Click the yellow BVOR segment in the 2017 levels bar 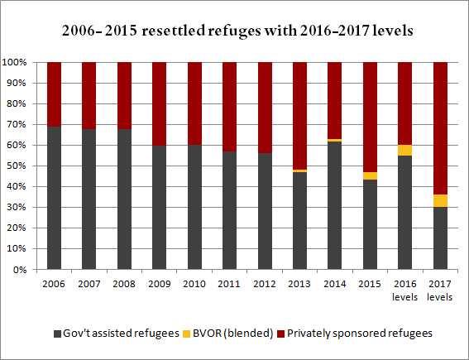pyautogui.click(x=440, y=201)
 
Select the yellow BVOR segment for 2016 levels pyautogui.click(x=404, y=151)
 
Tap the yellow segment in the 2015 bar pyautogui.click(x=370, y=176)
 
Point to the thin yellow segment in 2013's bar pyautogui.click(x=299, y=170)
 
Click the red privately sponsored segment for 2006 pyautogui.click(x=54, y=94)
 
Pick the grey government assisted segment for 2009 pyautogui.click(x=159, y=208)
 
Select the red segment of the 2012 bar pyautogui.click(x=265, y=108)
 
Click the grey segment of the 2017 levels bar pyautogui.click(x=440, y=238)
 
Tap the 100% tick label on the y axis pyautogui.click(x=14, y=62)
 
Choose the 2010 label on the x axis pyautogui.click(x=194, y=284)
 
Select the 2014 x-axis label pyautogui.click(x=335, y=284)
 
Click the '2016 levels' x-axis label pyautogui.click(x=405, y=290)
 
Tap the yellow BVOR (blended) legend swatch pyautogui.click(x=187, y=334)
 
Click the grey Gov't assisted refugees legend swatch pyautogui.click(x=57, y=334)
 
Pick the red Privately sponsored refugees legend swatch pyautogui.click(x=281, y=334)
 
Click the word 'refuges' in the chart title pyautogui.click(x=234, y=31)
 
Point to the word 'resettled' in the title pyautogui.click(x=173, y=31)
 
